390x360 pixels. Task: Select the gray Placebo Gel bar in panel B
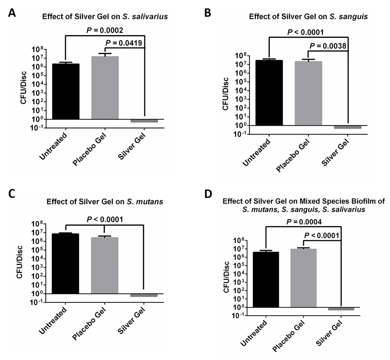[308, 93]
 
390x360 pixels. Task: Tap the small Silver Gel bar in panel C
[144, 295]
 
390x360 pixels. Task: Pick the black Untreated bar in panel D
[266, 280]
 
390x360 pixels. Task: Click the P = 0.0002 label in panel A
[103, 29]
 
